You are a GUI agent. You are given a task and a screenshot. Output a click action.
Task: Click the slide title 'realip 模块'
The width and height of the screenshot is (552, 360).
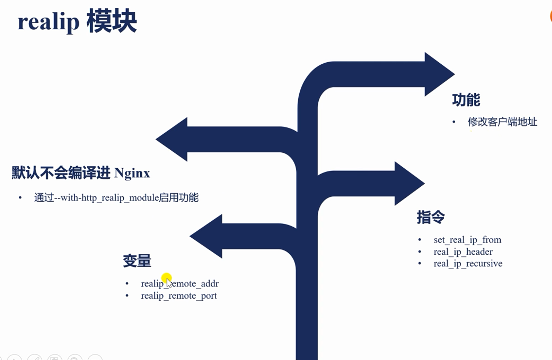tap(77, 21)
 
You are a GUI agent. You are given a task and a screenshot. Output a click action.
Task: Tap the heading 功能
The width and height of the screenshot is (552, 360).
tap(466, 100)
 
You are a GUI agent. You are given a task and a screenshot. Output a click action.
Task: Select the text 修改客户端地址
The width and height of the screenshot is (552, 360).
tap(502, 122)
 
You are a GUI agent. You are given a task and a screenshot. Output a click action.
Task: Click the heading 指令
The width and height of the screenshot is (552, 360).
tap(430, 217)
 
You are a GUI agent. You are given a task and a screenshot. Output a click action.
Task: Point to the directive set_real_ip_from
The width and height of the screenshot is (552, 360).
tap(467, 240)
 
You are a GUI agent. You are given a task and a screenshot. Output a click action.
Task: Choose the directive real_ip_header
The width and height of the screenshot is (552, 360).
tap(463, 252)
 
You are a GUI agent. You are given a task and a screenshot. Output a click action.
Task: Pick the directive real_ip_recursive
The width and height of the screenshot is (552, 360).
tap(468, 263)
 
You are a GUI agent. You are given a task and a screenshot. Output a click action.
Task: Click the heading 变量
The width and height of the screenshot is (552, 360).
tap(137, 261)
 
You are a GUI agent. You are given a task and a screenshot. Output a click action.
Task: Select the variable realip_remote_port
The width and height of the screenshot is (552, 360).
tap(179, 296)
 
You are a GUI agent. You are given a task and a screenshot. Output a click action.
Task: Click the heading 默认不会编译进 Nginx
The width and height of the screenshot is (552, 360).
tap(81, 173)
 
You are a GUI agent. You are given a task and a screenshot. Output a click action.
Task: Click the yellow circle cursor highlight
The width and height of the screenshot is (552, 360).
tap(166, 278)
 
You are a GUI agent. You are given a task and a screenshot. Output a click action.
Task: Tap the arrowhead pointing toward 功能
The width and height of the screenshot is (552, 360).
tap(438, 74)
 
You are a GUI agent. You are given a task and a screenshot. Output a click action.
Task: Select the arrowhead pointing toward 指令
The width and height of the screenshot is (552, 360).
tap(408, 183)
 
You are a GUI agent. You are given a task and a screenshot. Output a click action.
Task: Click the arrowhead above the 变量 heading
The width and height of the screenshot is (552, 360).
tap(207, 236)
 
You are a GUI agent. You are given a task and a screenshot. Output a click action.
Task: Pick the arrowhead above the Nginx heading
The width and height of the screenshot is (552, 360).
tap(173, 139)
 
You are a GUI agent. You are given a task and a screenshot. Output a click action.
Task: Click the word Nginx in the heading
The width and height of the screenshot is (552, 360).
tap(132, 173)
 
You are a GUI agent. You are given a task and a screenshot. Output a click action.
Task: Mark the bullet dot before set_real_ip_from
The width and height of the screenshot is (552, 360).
tap(419, 240)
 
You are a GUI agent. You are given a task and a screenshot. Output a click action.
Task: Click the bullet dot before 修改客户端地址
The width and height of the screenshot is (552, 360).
tap(454, 122)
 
